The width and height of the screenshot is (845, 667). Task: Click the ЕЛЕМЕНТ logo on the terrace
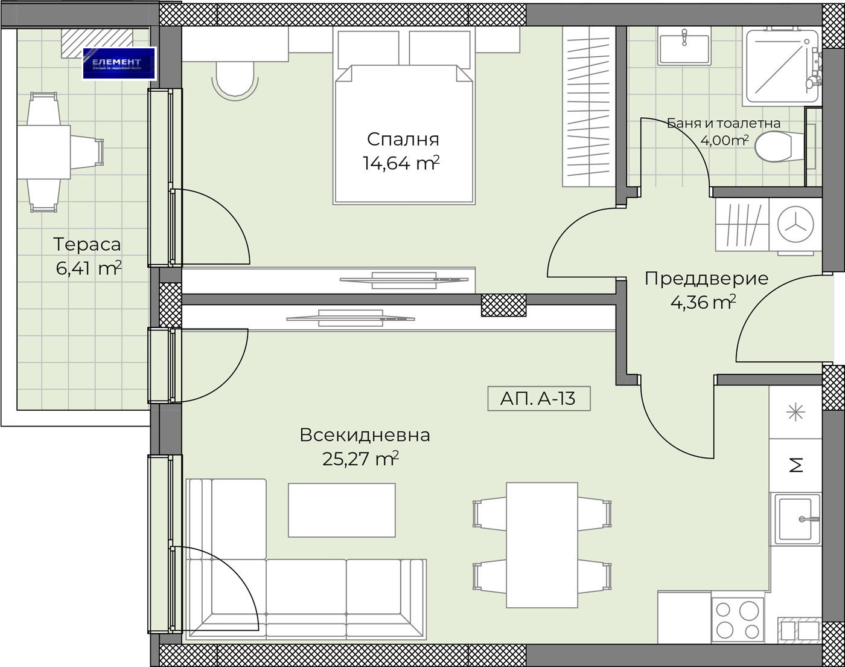click(x=119, y=63)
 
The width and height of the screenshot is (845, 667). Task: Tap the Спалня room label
click(x=403, y=139)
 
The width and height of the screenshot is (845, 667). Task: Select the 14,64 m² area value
click(x=400, y=163)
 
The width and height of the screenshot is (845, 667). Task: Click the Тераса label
click(x=87, y=245)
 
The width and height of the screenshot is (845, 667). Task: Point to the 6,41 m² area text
click(x=88, y=268)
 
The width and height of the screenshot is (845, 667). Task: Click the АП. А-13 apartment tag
click(x=538, y=399)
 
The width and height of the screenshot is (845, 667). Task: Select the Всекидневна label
click(x=365, y=435)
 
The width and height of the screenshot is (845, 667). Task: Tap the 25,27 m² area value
click(x=360, y=459)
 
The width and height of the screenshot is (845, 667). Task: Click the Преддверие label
click(x=706, y=279)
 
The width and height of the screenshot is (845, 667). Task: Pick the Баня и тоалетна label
click(x=723, y=123)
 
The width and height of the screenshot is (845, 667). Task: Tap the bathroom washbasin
click(x=684, y=47)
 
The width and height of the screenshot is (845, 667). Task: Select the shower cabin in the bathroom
click(x=782, y=65)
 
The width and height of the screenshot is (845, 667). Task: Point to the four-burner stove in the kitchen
click(x=737, y=619)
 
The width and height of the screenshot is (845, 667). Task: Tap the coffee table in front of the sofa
click(x=342, y=510)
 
